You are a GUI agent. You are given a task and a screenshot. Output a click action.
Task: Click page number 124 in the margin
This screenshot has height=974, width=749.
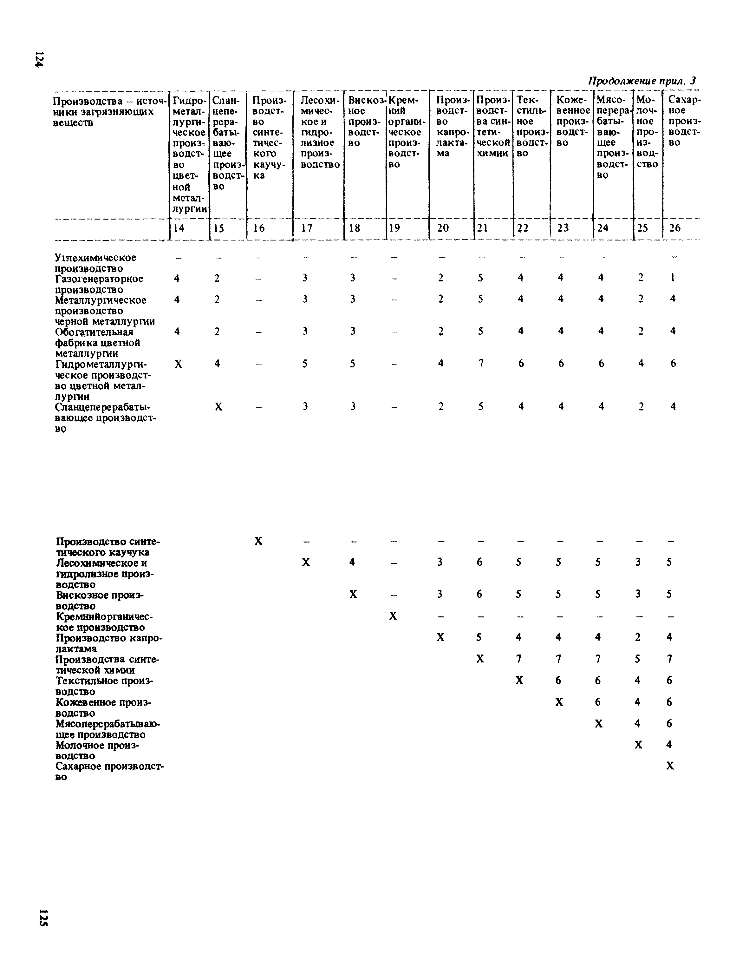coord(39,59)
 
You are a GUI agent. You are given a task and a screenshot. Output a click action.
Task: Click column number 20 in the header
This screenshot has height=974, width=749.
coord(443,228)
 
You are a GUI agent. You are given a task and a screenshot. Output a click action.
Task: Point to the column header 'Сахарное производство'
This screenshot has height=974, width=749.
coord(681,121)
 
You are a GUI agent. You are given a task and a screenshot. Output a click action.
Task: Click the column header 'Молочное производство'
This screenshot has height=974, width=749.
coord(647,132)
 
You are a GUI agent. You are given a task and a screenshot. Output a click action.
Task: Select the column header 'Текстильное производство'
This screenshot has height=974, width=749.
coord(531,126)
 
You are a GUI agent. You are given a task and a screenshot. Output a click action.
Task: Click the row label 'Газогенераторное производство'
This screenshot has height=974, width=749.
coord(99,284)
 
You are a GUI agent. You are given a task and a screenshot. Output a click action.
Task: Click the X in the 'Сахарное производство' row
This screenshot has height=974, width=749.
coord(670,766)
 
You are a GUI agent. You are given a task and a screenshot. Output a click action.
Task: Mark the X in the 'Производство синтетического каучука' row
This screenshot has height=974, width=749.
coord(258,541)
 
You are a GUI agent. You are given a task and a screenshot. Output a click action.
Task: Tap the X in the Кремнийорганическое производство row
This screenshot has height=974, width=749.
coord(393,616)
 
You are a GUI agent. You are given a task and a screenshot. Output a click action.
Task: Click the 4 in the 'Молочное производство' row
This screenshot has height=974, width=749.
coord(669,744)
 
